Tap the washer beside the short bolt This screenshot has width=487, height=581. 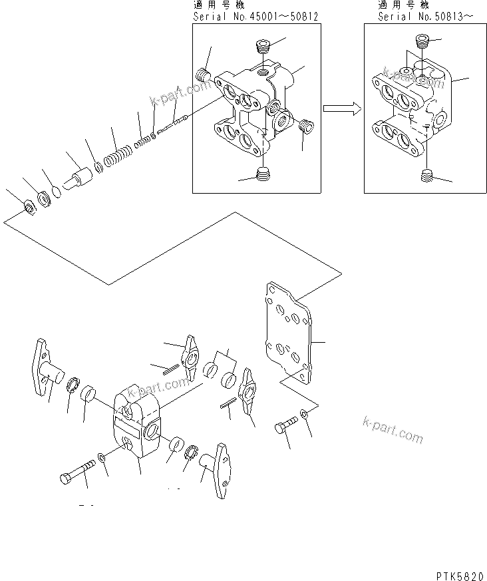pyautogui.click(x=304, y=414)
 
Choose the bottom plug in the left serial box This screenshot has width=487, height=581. pyautogui.click(x=264, y=175)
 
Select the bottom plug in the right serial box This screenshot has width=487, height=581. pyautogui.click(x=428, y=177)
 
